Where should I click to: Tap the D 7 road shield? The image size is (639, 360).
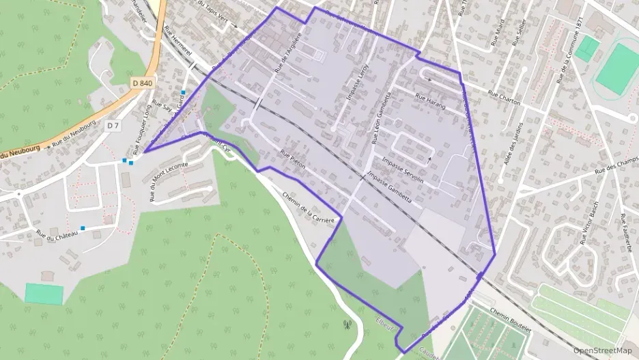[x=113, y=126]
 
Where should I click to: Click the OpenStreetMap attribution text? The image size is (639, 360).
[x=603, y=350]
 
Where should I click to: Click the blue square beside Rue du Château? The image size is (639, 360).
[x=83, y=228]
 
